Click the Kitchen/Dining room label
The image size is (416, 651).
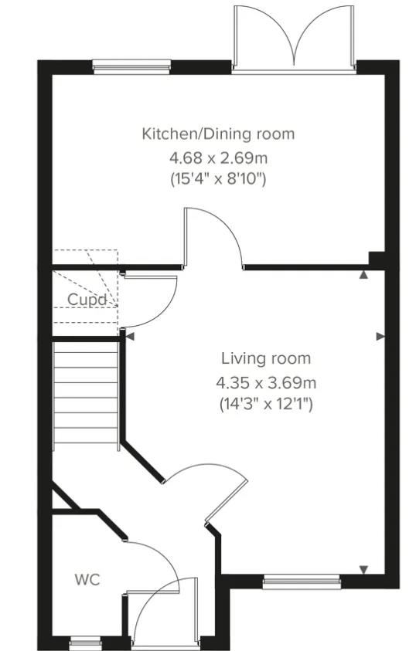[x=218, y=134]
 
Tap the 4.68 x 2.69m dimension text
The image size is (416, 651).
[x=218, y=158]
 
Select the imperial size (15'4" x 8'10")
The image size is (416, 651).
[x=218, y=179]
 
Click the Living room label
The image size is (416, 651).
[x=266, y=358]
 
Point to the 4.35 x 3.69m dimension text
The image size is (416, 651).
[x=266, y=381]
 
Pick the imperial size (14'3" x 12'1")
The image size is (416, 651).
[x=266, y=403]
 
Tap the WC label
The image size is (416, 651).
[x=87, y=579]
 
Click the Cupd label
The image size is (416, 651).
[x=86, y=300]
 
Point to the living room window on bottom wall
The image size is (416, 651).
[x=301, y=581]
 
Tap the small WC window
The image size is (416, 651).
[x=85, y=641]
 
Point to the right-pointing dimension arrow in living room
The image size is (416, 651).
[x=380, y=336]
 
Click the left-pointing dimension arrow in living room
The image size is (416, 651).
[x=130, y=336]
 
